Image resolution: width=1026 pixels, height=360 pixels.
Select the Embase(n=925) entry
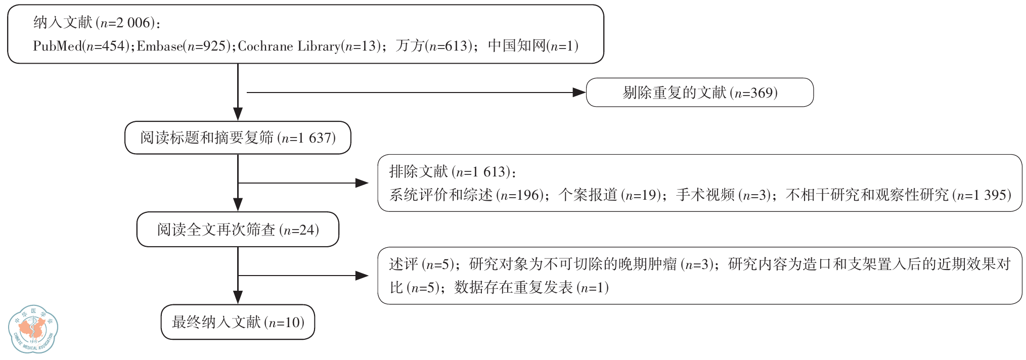[x=184, y=46]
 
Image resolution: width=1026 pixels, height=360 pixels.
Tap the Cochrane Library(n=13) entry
[x=309, y=46]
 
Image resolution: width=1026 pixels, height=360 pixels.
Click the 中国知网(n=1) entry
[x=533, y=46]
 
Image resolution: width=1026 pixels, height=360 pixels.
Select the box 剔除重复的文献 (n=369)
[x=699, y=93]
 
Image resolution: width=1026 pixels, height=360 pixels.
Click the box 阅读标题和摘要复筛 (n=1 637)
[x=238, y=138]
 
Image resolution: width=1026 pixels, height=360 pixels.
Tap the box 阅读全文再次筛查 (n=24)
[x=238, y=230]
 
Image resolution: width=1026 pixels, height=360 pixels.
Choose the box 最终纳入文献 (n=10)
[x=238, y=322]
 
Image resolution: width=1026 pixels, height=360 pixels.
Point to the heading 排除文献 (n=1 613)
[x=453, y=172]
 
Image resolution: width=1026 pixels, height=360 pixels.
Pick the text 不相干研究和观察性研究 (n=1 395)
[x=898, y=195]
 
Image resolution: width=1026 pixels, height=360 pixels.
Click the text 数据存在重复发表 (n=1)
[x=531, y=288]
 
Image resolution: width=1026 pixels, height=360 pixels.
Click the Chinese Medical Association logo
[x=33, y=329]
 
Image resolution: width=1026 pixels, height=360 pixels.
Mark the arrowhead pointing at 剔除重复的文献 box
[x=579, y=93]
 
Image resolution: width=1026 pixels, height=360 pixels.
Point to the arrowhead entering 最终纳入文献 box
[x=238, y=297]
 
